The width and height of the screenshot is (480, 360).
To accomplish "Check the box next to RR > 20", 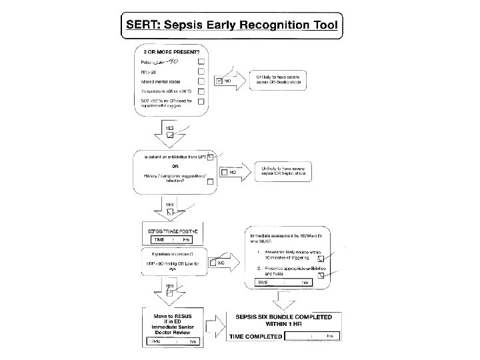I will point(201,70).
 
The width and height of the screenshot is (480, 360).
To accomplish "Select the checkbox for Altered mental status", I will point(201,81).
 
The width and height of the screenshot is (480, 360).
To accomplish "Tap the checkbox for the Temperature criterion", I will point(201,92).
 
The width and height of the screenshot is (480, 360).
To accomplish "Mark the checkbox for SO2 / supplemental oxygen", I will point(201,102).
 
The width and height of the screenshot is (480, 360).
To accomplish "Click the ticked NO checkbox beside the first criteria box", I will point(219,81).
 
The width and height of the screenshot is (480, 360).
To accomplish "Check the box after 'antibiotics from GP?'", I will point(211,157).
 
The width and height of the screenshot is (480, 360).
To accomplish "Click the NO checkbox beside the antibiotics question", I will point(224,172).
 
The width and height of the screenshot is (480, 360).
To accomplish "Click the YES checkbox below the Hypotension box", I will point(169,292).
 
